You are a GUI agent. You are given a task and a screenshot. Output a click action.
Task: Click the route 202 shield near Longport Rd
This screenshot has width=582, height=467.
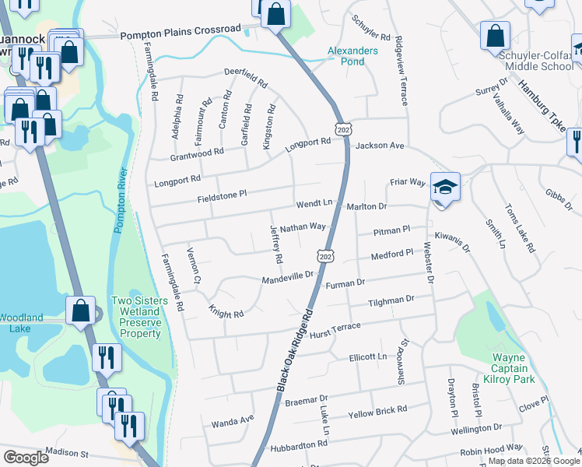click(x=342, y=127)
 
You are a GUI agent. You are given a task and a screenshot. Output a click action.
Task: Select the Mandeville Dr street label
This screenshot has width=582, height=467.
click(x=287, y=277)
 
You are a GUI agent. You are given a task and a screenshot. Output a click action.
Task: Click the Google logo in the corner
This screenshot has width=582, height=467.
click(x=26, y=458)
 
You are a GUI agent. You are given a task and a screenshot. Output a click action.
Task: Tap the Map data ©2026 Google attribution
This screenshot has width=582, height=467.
click(x=533, y=461)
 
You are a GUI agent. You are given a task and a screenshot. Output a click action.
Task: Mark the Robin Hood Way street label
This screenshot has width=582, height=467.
click(x=492, y=448)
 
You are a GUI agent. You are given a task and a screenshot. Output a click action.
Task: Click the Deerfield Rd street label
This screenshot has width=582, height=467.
click(x=245, y=77)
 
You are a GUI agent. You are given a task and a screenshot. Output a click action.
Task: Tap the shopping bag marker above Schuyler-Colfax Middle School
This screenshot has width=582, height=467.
click(x=495, y=36)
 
